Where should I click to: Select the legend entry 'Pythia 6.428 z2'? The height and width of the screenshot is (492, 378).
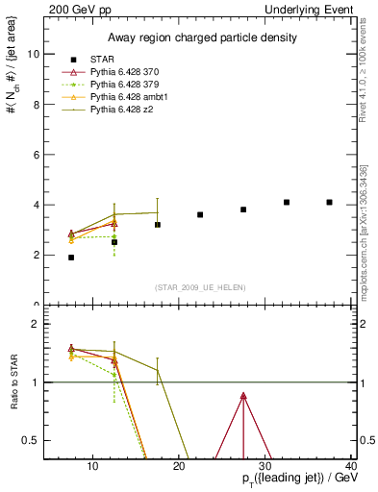pyautogui.click(x=123, y=110)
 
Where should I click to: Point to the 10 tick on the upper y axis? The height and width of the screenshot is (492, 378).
pyautogui.click(x=33, y=54)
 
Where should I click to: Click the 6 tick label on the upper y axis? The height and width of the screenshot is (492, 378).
pyautogui.click(x=36, y=155)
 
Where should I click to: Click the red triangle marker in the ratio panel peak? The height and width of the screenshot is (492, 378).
pyautogui.click(x=243, y=396)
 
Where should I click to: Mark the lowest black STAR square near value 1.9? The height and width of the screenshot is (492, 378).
pyautogui.click(x=71, y=258)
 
